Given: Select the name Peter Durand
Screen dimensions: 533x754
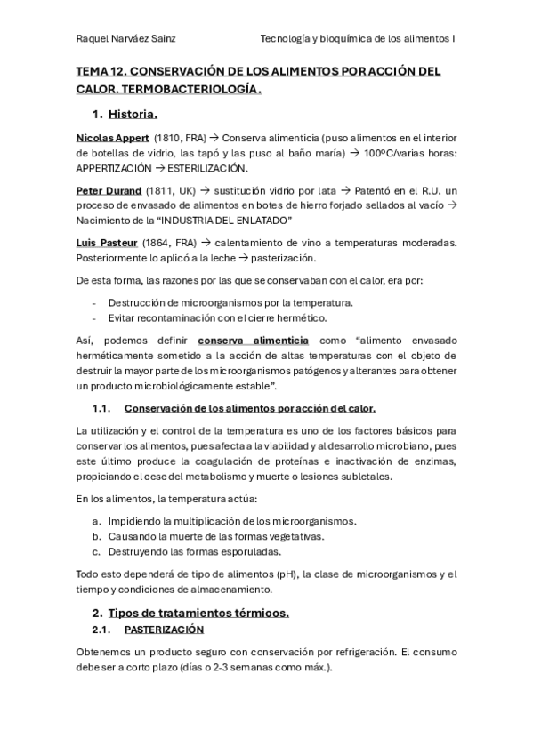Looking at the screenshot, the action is tap(109, 190).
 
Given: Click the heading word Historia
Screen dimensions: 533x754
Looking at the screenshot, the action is tap(133, 114).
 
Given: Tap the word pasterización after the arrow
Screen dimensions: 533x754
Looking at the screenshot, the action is tap(283, 258).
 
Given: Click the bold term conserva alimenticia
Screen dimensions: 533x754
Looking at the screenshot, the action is tap(253, 340).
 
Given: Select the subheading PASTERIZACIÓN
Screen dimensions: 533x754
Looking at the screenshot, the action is tap(164, 630).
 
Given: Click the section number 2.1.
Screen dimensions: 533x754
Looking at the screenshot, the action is tap(101, 630).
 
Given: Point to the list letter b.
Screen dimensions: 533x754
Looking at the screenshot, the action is tap(96, 536).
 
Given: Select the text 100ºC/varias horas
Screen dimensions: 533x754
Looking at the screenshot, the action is tap(409, 153).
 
